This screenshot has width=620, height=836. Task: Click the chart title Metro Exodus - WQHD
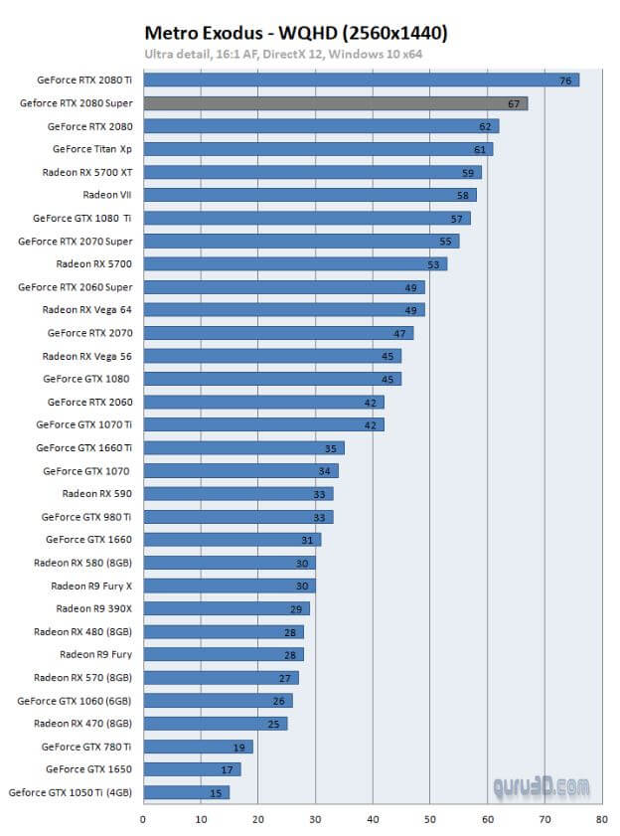(295, 33)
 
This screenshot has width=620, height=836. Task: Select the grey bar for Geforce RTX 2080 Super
(335, 103)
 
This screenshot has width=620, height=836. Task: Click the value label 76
(565, 81)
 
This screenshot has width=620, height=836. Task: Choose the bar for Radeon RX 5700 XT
(312, 172)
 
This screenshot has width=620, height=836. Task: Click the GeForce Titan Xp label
(91, 149)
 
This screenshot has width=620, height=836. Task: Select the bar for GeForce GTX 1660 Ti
(242, 448)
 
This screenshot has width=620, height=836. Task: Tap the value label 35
(331, 448)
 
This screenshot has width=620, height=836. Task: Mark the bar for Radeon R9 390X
(226, 608)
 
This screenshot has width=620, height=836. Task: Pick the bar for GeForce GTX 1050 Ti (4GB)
(186, 792)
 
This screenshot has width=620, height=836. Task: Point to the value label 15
(216, 792)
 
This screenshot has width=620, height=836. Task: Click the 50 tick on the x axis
(430, 820)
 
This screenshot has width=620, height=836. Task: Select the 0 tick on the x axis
(143, 820)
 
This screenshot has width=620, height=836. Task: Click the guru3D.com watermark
(542, 786)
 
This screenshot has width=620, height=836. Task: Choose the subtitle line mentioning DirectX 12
(284, 54)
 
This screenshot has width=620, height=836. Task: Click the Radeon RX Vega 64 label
(86, 310)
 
